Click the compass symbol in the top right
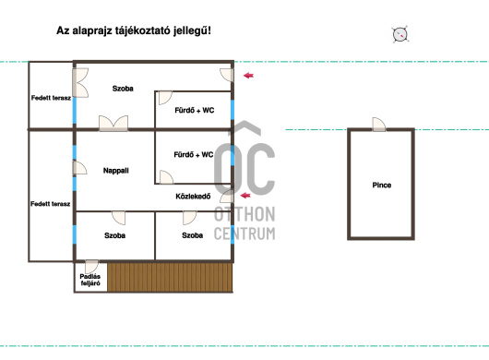tap(400, 34)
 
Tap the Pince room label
tap(382, 185)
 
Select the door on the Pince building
tap(379, 125)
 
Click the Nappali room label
tap(115, 171)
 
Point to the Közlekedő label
tap(193, 197)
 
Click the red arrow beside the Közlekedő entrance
tap(245, 196)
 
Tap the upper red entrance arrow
tap(248, 75)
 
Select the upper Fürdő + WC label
tap(195, 110)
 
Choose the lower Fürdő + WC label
tap(194, 154)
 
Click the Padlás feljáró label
tap(90, 280)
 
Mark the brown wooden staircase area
tap(170, 277)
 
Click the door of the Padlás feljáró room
tap(91, 266)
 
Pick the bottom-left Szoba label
tap(114, 235)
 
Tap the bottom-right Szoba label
tap(193, 235)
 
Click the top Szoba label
tap(123, 89)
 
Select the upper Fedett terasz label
tap(51, 98)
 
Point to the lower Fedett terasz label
tap(50, 204)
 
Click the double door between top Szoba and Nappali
tap(113, 123)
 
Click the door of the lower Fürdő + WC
tap(166, 177)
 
